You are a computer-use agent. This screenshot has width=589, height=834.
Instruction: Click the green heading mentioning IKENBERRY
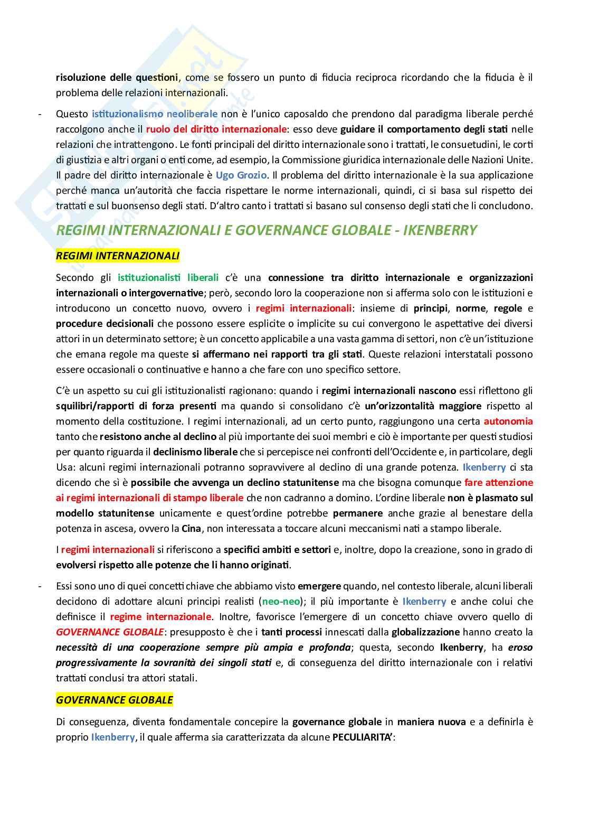(266, 230)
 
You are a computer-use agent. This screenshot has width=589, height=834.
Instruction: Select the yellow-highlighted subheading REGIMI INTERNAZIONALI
(118, 256)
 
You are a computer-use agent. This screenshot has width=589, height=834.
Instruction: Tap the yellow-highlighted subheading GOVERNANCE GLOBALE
(115, 700)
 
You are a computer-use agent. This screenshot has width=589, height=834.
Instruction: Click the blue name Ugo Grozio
(241, 175)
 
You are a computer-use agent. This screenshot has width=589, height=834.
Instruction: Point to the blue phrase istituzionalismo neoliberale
(155, 114)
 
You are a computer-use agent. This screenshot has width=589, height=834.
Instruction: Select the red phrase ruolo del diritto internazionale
(216, 129)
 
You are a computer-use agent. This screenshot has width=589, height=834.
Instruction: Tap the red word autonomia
(508, 421)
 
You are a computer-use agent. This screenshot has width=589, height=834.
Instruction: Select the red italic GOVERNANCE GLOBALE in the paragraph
(110, 632)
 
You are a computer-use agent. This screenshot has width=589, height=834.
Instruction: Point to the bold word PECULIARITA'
(363, 737)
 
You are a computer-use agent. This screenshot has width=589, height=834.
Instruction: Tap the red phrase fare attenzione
(498, 483)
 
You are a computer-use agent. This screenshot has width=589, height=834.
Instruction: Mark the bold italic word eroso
(520, 648)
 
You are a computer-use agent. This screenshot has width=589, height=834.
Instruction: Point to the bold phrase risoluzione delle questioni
(117, 78)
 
